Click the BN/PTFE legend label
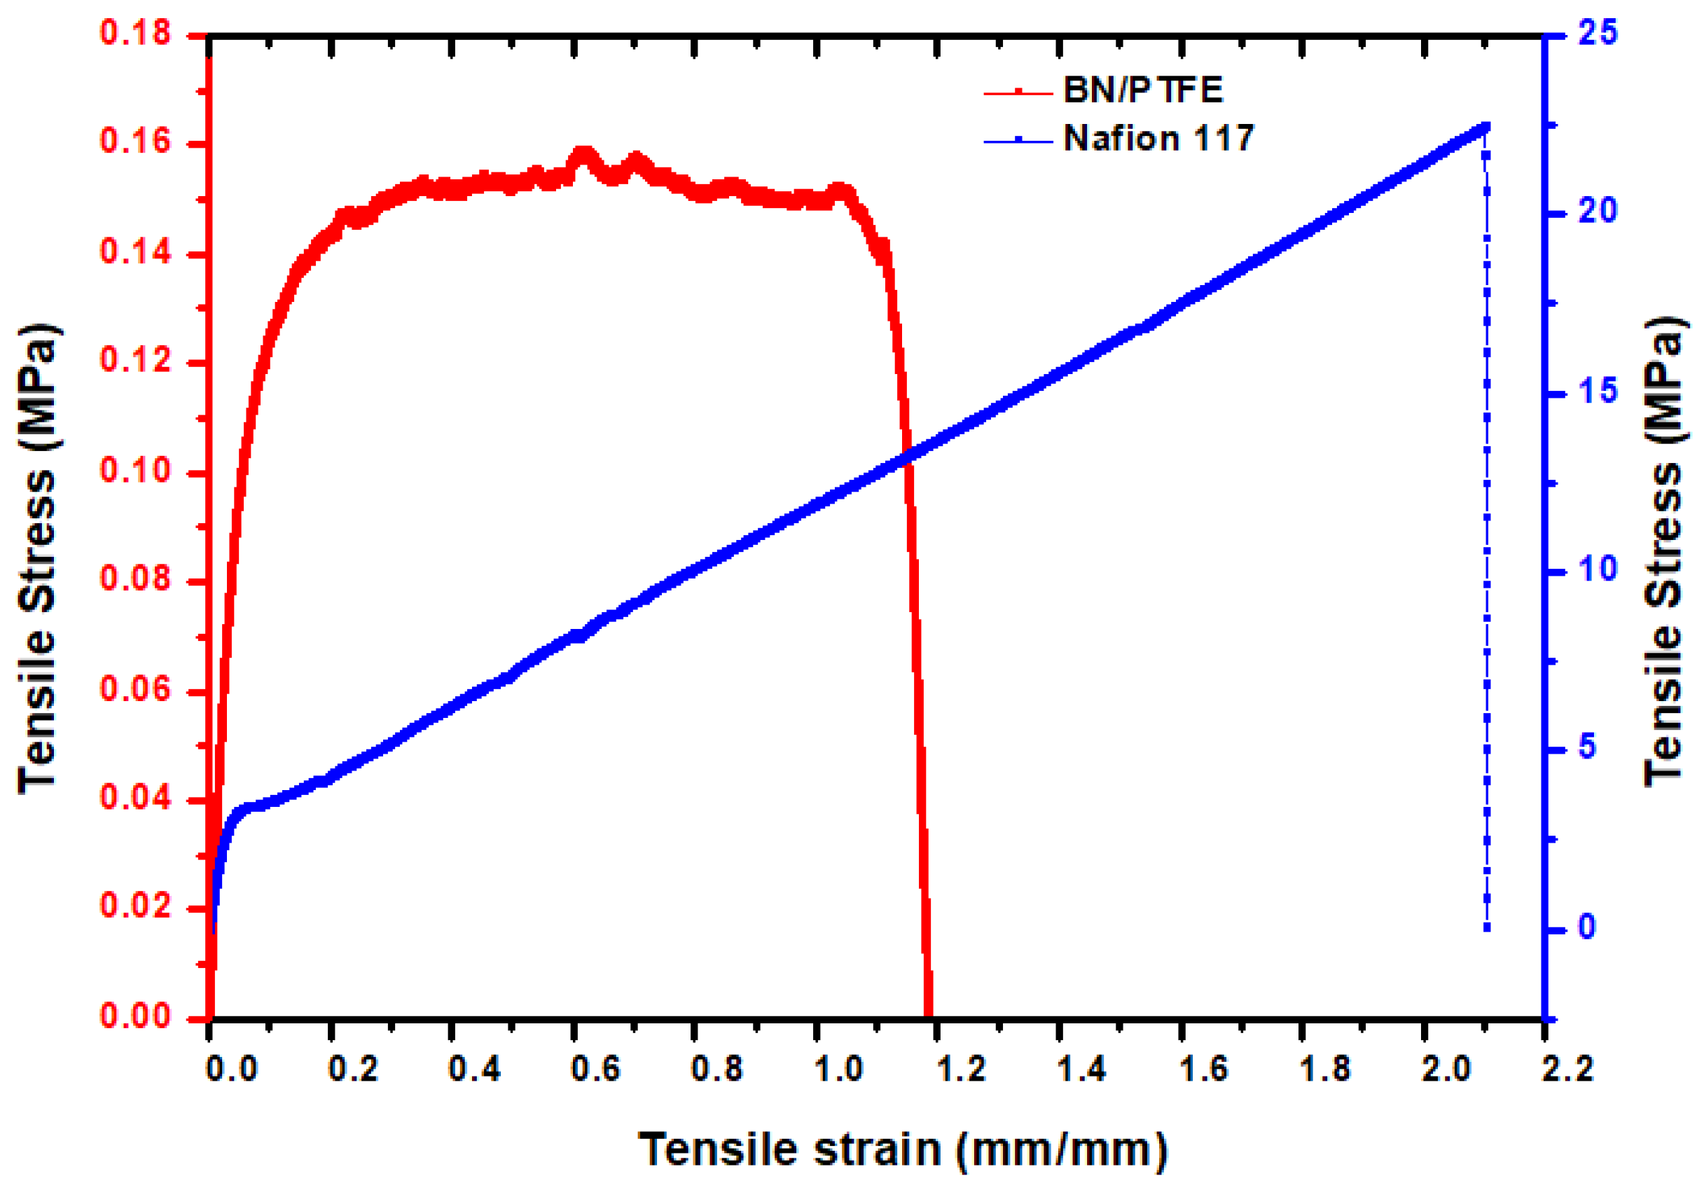coord(1142,90)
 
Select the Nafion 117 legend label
coord(1158,139)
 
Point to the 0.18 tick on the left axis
coord(136,34)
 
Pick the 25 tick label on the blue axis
coord(1598,34)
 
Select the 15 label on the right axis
coord(1598,392)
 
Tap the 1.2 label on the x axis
coord(962,1069)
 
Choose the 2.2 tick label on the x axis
coord(1567,1069)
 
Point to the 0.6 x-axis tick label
coord(596,1069)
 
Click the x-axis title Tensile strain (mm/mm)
coord(903,1149)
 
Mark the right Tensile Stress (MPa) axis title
coord(1665,552)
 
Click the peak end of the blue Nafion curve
coord(1485,127)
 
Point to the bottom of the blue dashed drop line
coord(1486,927)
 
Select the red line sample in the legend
coord(1018,92)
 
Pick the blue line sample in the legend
coord(1018,140)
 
